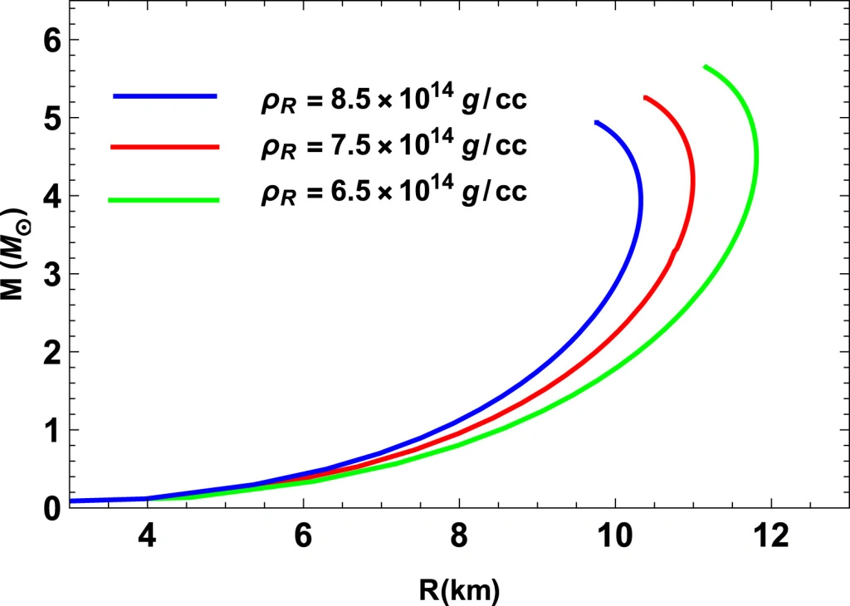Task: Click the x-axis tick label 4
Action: (x=147, y=538)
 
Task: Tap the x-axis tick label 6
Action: (x=303, y=538)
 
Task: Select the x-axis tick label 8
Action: (x=459, y=538)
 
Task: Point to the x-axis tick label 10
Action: (x=615, y=538)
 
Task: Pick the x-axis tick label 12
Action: (x=771, y=538)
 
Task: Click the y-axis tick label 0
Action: (x=51, y=507)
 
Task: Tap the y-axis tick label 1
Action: (x=51, y=430)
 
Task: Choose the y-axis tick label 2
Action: (x=51, y=352)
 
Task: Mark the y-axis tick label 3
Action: (x=51, y=274)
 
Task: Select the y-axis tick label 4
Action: (x=51, y=196)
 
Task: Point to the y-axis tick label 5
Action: (x=51, y=118)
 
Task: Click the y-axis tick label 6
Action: (x=51, y=40)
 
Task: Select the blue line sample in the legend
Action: (x=164, y=97)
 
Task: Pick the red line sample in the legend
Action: (x=164, y=147)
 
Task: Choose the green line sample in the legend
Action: (x=164, y=199)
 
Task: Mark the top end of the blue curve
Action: (x=596, y=122)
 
